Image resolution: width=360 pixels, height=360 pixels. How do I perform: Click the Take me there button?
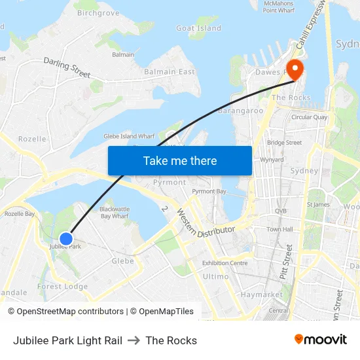point(180,160)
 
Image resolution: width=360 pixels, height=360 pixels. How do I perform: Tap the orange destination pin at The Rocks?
point(294,69)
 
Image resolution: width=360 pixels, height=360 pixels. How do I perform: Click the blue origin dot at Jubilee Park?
point(66,239)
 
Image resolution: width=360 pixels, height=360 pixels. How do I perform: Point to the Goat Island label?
point(199,28)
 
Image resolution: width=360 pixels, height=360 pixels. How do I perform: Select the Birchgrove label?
point(98,12)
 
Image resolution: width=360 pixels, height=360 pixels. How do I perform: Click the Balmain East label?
point(170,71)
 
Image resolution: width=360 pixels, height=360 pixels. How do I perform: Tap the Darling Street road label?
point(67,67)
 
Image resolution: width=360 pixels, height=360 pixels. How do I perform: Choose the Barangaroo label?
point(240,111)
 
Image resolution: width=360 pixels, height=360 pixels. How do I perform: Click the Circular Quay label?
point(310,117)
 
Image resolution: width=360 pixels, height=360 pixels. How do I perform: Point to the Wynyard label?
point(272,160)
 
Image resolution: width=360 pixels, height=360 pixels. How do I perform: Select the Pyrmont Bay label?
point(209,191)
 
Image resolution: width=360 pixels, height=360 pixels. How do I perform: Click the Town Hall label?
point(279,229)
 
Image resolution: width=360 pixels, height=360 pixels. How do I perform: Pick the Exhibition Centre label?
point(225,263)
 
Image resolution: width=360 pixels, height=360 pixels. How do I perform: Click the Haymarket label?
point(261,295)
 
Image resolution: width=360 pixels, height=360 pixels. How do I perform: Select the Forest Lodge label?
point(62,286)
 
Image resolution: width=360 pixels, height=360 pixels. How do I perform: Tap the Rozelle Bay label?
point(19,213)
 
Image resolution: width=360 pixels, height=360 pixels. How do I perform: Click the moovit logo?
point(320,340)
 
